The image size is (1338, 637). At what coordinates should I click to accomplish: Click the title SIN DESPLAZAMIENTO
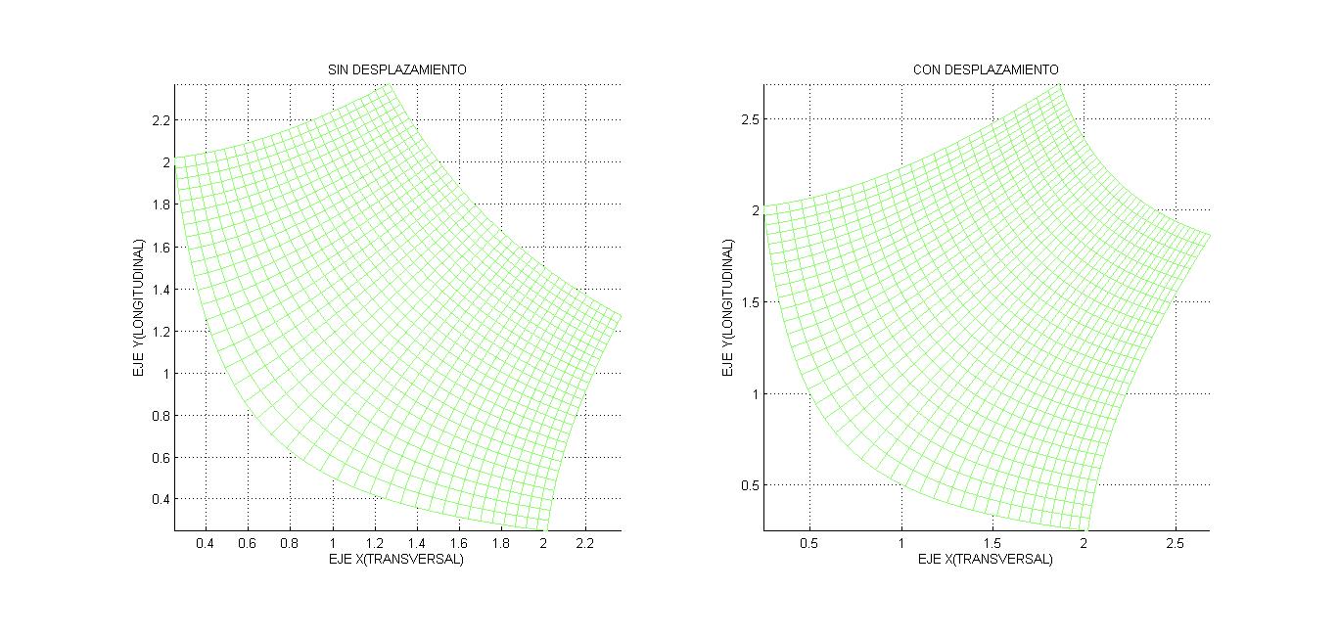coord(396,70)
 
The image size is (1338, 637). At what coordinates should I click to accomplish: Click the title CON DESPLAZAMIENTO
coord(985,70)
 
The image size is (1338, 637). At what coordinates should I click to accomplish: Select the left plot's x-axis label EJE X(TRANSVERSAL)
coord(395,560)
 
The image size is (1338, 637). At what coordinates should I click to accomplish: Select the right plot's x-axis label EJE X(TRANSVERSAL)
coord(985,560)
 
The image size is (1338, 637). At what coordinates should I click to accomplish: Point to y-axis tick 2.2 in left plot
coord(160,120)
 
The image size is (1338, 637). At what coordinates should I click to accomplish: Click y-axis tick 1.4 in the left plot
coord(160,290)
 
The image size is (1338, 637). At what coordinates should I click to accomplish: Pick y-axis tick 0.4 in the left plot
coord(160,500)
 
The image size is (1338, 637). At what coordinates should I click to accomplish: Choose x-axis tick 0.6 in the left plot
coord(248,543)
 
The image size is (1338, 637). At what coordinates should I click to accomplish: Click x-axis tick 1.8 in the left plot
coord(501,543)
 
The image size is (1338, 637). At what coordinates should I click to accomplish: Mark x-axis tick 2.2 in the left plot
coord(585,543)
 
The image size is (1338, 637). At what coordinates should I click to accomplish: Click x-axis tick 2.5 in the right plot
coord(1176,543)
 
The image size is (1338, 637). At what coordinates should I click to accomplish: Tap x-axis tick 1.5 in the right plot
coord(992,543)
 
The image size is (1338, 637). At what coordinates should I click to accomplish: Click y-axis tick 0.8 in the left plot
coord(160,416)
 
